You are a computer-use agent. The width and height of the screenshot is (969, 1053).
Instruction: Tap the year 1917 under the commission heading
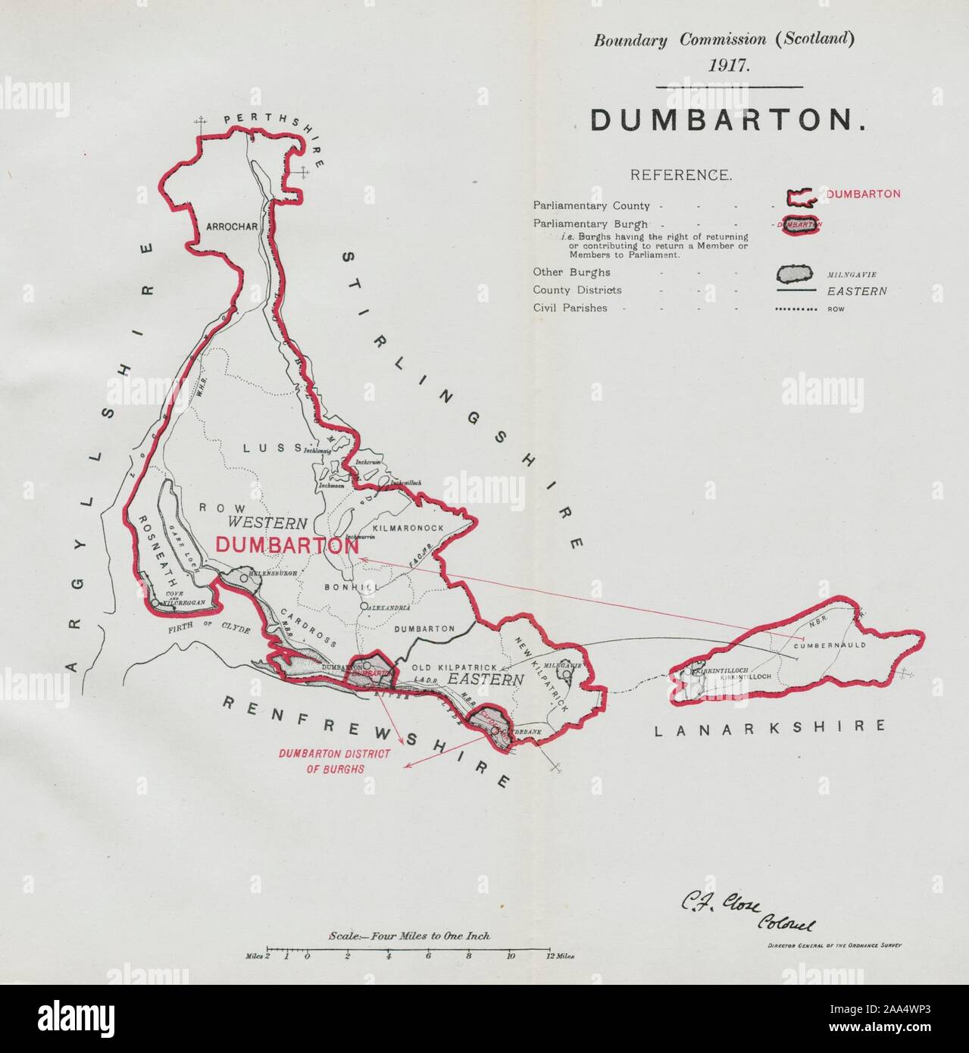click(730, 64)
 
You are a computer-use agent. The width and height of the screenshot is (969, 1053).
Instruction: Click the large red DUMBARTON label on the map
click(286, 545)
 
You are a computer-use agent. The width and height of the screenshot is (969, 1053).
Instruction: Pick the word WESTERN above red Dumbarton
click(267, 523)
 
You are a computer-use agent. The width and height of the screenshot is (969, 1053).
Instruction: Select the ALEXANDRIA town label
click(389, 608)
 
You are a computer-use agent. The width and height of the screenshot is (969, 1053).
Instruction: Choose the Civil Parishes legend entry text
click(570, 308)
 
